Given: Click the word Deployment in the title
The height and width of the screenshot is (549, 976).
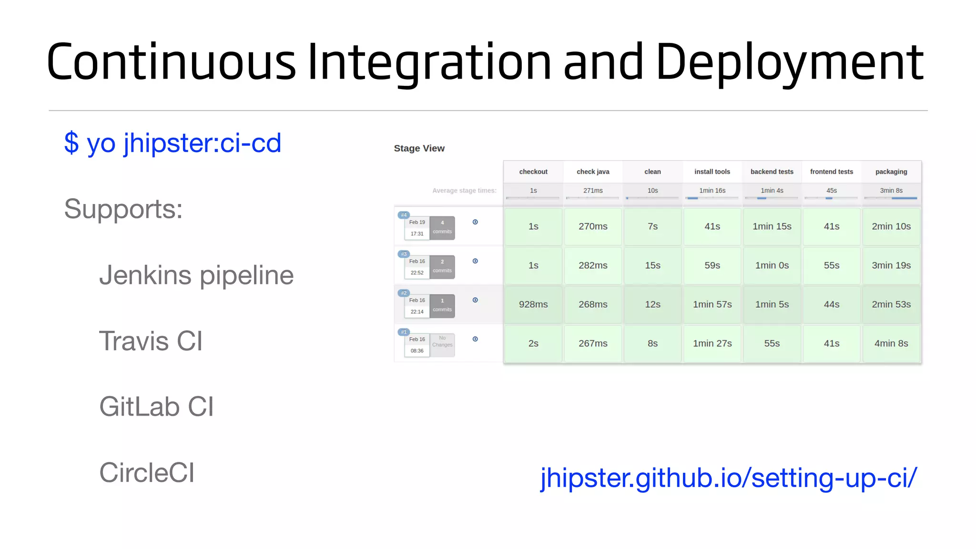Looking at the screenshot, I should coord(789,62).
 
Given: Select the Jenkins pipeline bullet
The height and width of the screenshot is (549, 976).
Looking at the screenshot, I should coord(196,275).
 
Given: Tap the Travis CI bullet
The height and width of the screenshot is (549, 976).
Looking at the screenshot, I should coord(151,341).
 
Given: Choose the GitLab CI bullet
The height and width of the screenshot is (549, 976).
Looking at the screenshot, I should coord(156,407).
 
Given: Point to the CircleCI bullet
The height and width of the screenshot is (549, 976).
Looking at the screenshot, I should coord(147,473).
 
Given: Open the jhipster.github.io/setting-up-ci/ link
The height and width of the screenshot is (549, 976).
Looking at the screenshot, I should coord(728,478).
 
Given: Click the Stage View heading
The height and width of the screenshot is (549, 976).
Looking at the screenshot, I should coord(419,148).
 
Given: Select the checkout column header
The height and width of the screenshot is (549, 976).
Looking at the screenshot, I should coord(533,172).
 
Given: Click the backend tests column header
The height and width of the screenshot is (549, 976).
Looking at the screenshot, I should coord(772,172).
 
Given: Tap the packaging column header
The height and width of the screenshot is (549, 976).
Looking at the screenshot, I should coord(891,172).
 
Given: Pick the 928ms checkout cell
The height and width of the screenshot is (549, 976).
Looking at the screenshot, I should coord(533,305).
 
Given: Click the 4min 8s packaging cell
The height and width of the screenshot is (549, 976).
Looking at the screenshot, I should coord(891,344).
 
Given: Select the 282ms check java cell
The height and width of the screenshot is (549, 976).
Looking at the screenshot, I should coord(593,265).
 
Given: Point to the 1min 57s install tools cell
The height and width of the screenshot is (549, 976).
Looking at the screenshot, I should coord(712,305).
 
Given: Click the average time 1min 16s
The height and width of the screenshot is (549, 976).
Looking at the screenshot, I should coord(712,191).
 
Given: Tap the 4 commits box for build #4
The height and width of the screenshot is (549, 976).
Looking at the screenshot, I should coord(442,227).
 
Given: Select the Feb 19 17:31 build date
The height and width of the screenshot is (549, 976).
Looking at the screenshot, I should coord(417,228).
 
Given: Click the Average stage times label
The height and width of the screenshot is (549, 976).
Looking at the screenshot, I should coord(464,191).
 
